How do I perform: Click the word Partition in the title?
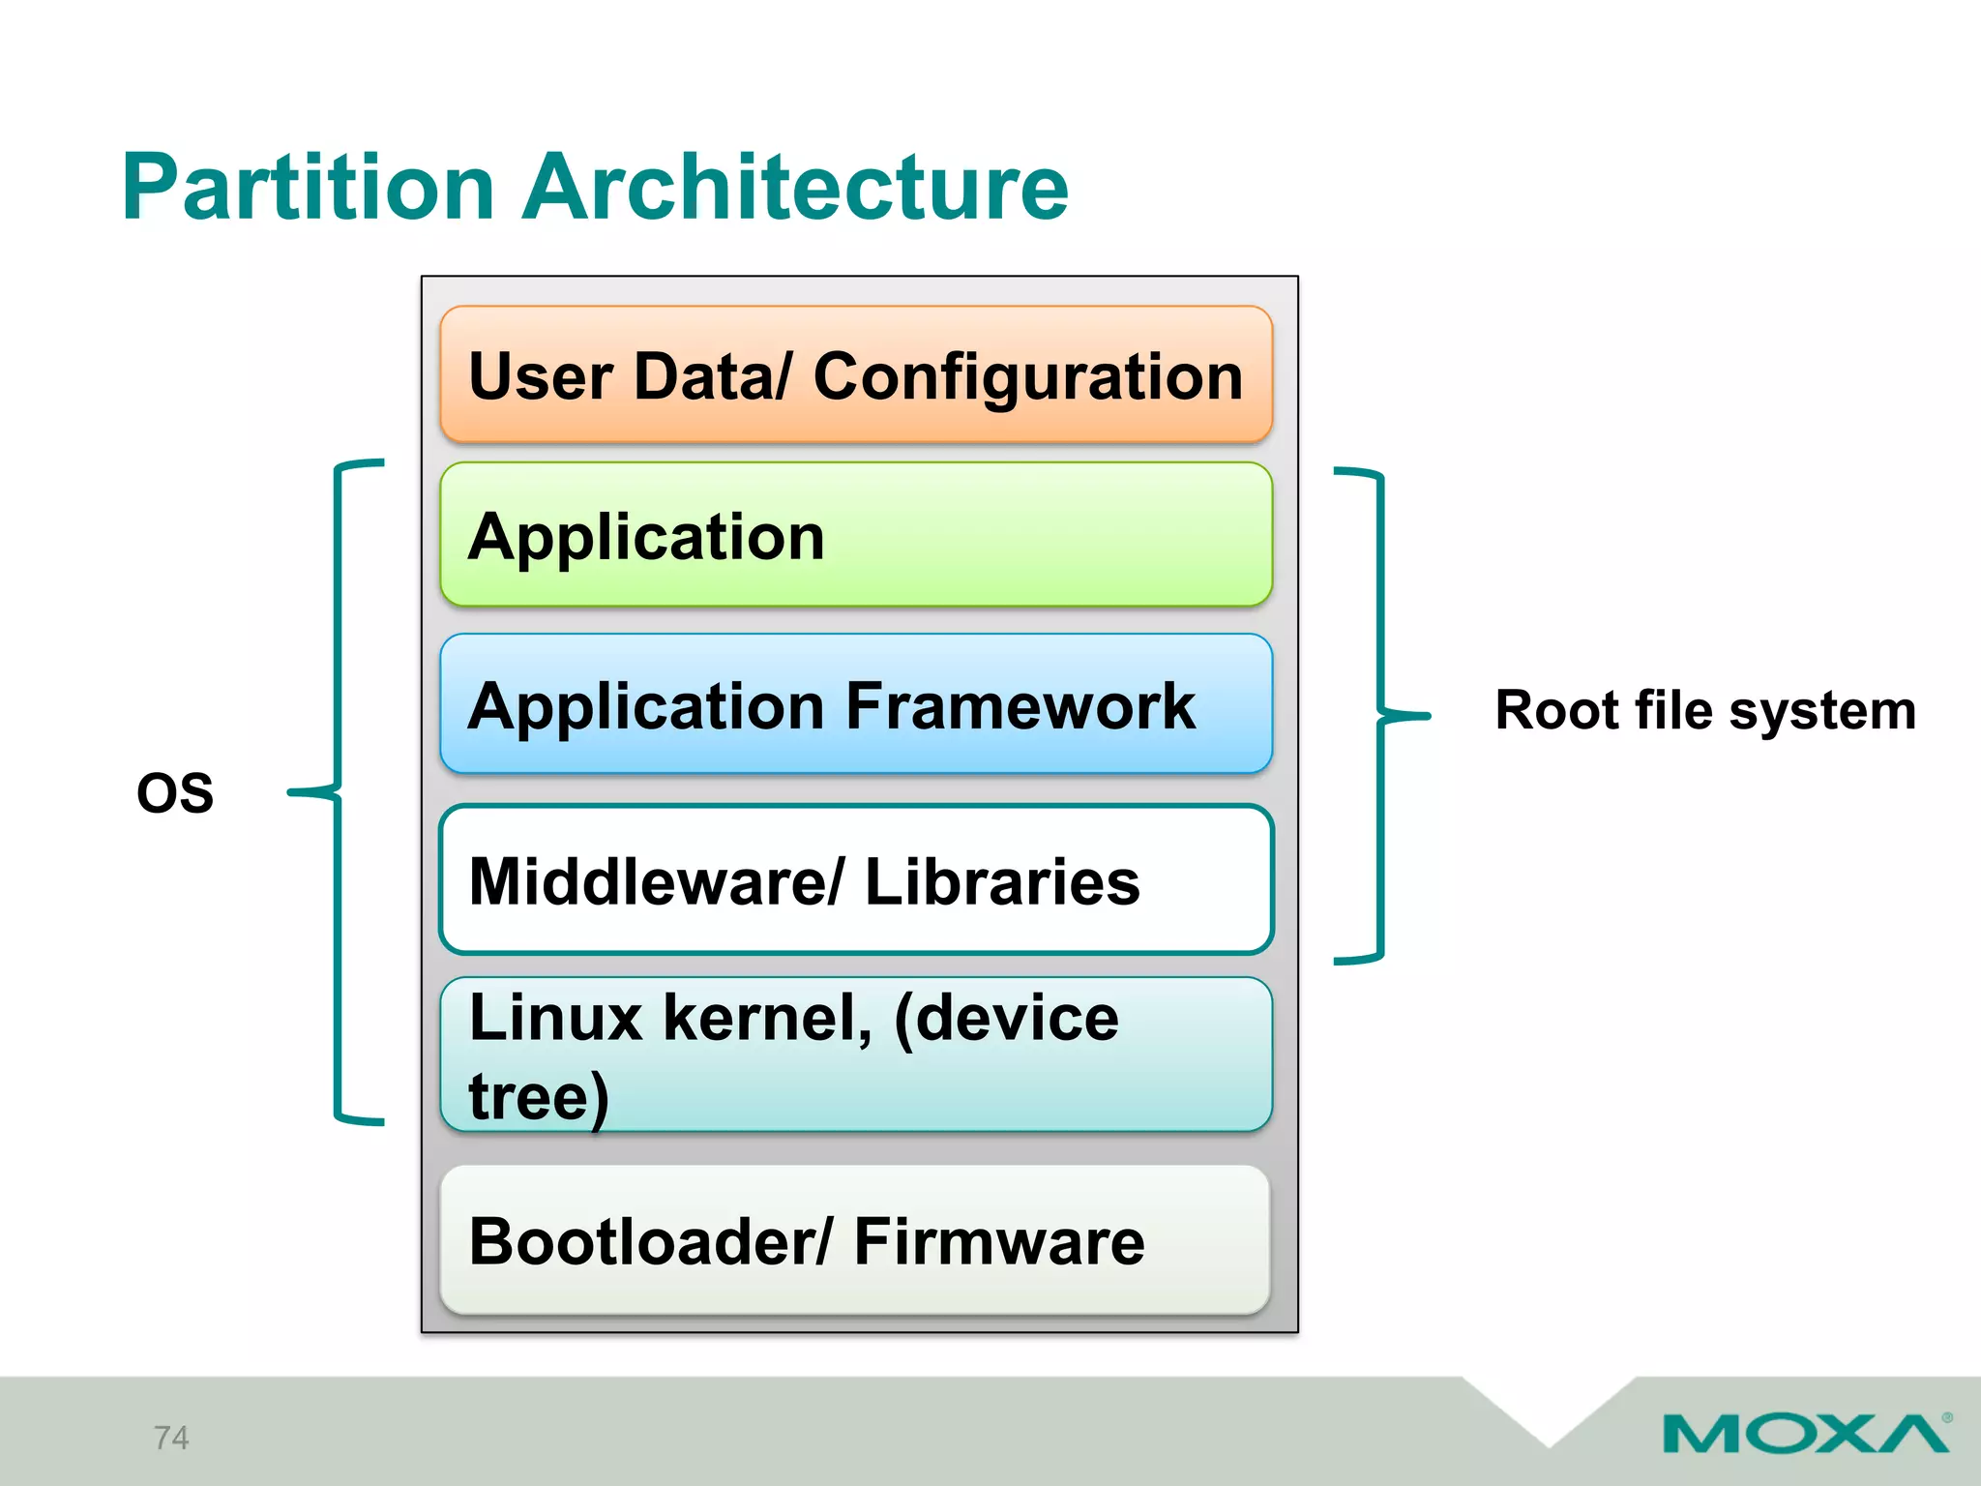coord(308,188)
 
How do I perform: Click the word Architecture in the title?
coord(795,188)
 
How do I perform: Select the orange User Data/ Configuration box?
coord(855,375)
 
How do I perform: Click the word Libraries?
coord(1001,882)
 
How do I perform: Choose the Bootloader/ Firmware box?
coord(855,1240)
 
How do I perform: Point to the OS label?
coord(175,793)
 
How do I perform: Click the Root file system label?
coord(1704,711)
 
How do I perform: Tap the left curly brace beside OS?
coord(338,791)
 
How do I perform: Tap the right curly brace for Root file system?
coord(1380,716)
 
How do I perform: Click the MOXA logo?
coord(1805,1434)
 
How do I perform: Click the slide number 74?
coord(171,1438)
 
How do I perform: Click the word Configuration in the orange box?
coord(1027,377)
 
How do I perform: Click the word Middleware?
coord(644,882)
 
